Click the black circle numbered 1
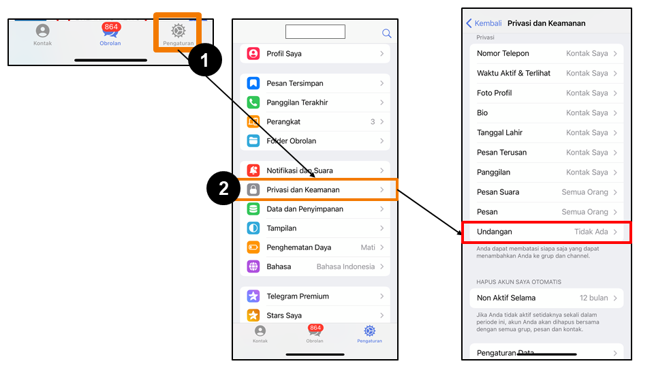coord(205,60)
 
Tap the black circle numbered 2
coord(223,188)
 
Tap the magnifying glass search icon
coord(387,33)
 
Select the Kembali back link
coord(484,23)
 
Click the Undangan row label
coord(495,232)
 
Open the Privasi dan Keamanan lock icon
coord(253,189)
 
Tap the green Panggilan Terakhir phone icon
coord(253,102)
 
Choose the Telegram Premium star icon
coord(253,296)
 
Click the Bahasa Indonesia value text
coord(345,266)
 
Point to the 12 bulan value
coord(593,298)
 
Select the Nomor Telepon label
coord(503,53)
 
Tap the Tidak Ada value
coord(591,232)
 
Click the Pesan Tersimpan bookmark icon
coord(253,83)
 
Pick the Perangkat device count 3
coord(373,121)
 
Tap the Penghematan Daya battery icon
coord(253,247)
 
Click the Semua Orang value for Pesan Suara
coord(585,192)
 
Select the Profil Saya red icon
coord(253,53)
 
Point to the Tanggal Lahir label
coord(499,133)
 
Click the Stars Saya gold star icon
coord(253,315)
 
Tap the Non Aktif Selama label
coord(506,298)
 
